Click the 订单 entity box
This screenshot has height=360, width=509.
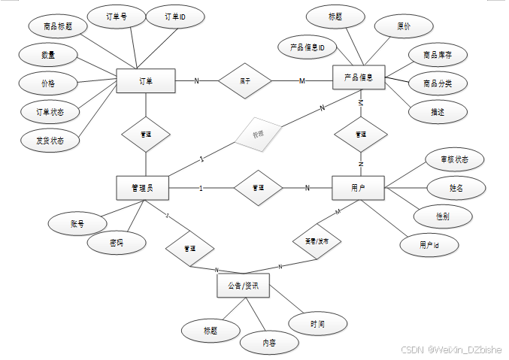point(146,81)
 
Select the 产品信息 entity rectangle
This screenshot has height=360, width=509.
point(359,77)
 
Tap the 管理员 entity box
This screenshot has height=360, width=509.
point(142,188)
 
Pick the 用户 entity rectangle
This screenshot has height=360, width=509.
point(358,188)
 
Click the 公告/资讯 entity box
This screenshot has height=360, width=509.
point(242,286)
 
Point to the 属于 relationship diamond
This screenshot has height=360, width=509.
point(245,80)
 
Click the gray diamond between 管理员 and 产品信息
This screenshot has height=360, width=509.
point(258,135)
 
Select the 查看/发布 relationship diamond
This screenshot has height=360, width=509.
point(316,242)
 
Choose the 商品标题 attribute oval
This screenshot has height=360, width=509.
point(58,26)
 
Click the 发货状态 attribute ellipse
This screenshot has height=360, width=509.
point(50,140)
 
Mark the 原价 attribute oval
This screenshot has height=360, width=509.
point(404,26)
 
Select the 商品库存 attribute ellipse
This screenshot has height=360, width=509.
point(438,55)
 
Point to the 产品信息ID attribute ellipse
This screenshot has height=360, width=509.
point(307,47)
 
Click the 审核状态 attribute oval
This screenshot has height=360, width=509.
point(453,159)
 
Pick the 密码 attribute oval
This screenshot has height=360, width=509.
point(116,243)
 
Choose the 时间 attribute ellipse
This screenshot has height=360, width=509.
point(317,324)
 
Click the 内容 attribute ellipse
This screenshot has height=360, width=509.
point(269,342)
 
